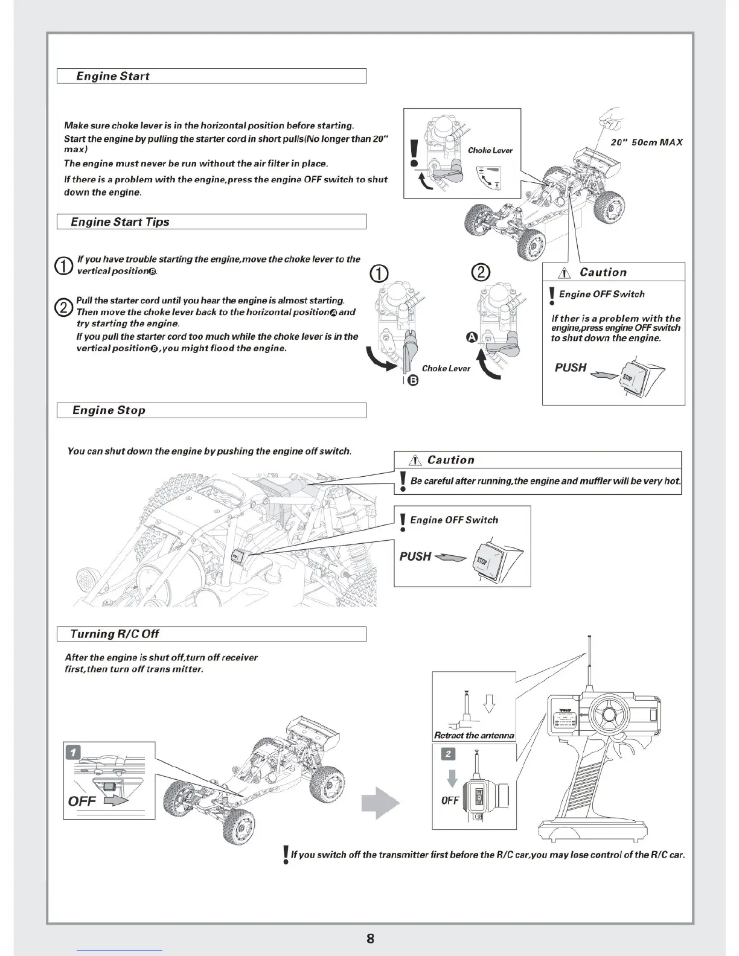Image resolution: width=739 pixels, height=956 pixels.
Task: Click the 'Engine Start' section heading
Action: (x=112, y=76)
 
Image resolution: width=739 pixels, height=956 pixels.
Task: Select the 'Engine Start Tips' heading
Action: (x=120, y=222)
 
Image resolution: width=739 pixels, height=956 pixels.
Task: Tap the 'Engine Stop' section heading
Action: (x=109, y=410)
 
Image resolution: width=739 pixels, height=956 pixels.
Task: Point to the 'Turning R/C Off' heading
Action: (x=114, y=634)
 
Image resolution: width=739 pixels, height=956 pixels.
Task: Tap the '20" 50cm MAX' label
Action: (x=647, y=142)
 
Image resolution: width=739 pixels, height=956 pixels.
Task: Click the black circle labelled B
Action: (x=413, y=380)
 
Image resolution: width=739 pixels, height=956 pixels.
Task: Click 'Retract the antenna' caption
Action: (x=474, y=735)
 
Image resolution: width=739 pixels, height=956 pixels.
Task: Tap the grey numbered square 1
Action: (x=73, y=752)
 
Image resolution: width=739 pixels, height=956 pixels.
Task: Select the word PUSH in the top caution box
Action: (x=571, y=368)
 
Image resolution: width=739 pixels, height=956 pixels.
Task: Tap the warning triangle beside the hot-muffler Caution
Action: (x=414, y=460)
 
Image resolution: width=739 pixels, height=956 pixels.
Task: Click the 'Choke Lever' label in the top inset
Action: (x=490, y=150)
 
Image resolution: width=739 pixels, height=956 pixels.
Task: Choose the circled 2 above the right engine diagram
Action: (x=480, y=273)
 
